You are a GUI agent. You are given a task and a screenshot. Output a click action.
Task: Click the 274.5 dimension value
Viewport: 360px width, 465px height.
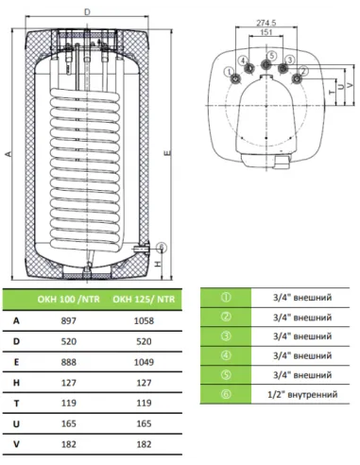266,23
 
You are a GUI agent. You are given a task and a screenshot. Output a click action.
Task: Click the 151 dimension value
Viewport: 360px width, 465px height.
266,32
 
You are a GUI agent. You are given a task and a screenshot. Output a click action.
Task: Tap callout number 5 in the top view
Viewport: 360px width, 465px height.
272,56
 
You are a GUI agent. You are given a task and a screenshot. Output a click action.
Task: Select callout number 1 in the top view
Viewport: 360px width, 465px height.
229,72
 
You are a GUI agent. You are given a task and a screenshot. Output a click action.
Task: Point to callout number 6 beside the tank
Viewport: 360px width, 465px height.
161,247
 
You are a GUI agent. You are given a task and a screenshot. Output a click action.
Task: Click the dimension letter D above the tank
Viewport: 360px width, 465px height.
87,12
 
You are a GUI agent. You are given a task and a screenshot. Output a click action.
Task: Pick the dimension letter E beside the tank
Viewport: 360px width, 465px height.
168,153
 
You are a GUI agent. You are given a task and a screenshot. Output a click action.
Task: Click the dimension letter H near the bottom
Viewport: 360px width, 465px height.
159,264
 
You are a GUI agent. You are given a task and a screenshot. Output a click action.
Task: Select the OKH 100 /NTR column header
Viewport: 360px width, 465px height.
68,299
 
